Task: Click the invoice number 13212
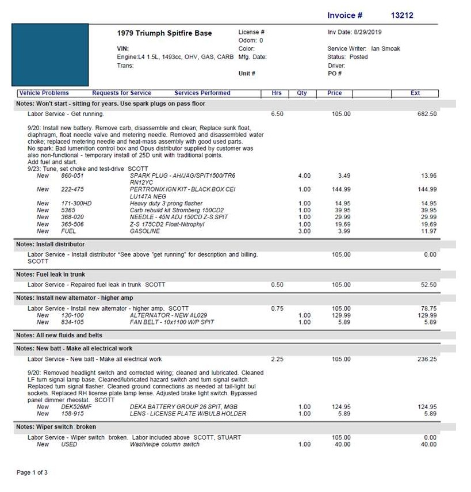401,16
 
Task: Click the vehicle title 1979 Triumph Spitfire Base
164,33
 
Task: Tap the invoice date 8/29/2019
369,32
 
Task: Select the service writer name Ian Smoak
385,49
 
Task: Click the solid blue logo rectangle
50,55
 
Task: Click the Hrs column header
276,93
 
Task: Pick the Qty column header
302,93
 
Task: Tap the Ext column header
415,93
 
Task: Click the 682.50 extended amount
427,114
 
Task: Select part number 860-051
72,176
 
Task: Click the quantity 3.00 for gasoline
304,231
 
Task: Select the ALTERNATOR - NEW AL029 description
168,315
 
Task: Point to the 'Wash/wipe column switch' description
164,444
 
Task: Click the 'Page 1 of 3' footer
32,472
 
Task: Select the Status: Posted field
347,57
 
